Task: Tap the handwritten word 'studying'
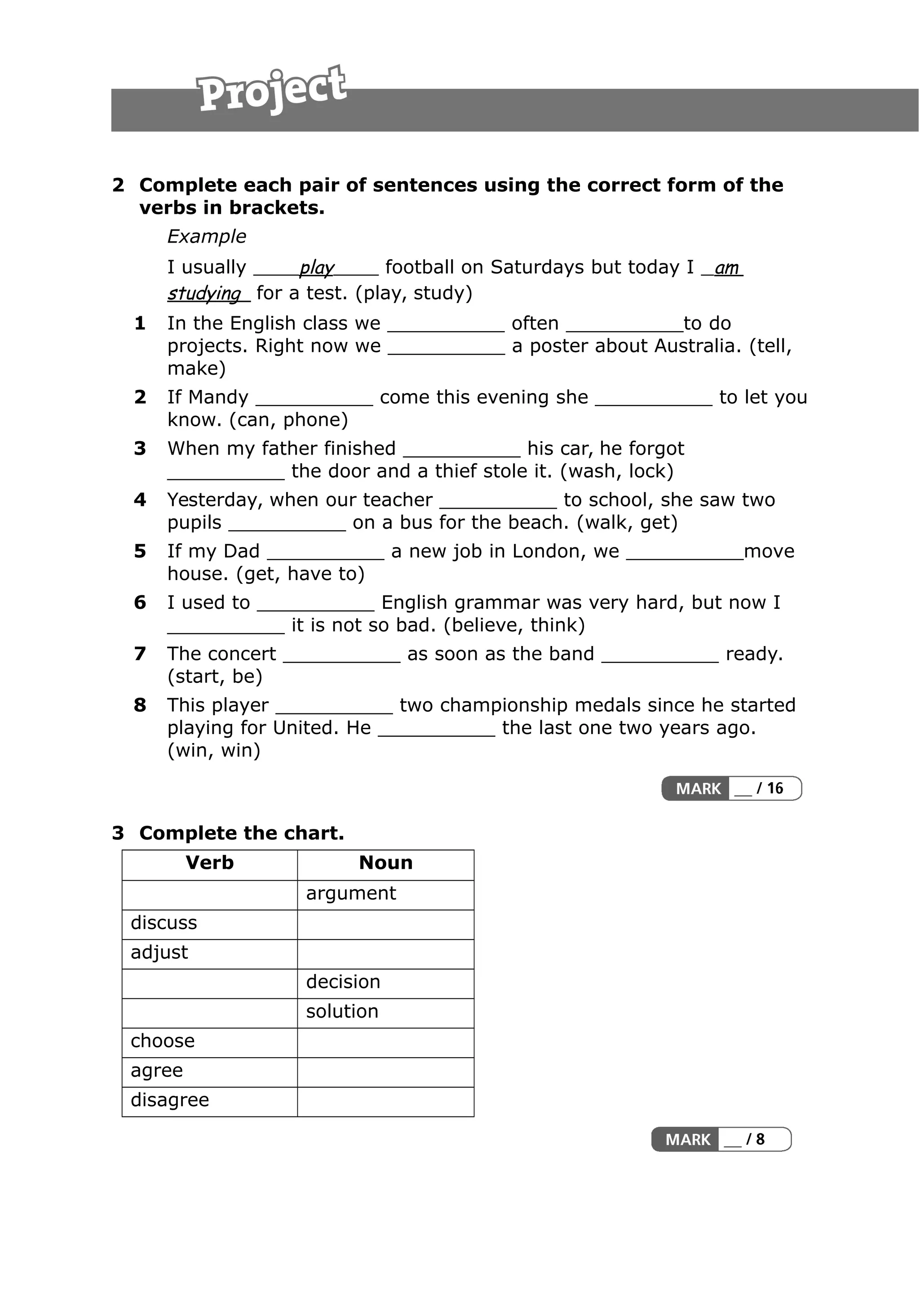(x=205, y=293)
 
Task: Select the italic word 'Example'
(x=206, y=236)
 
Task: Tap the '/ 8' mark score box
(x=754, y=1139)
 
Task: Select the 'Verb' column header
(x=210, y=863)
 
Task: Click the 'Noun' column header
(x=385, y=863)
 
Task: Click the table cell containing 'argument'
(x=385, y=893)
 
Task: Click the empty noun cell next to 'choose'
(x=385, y=1041)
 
